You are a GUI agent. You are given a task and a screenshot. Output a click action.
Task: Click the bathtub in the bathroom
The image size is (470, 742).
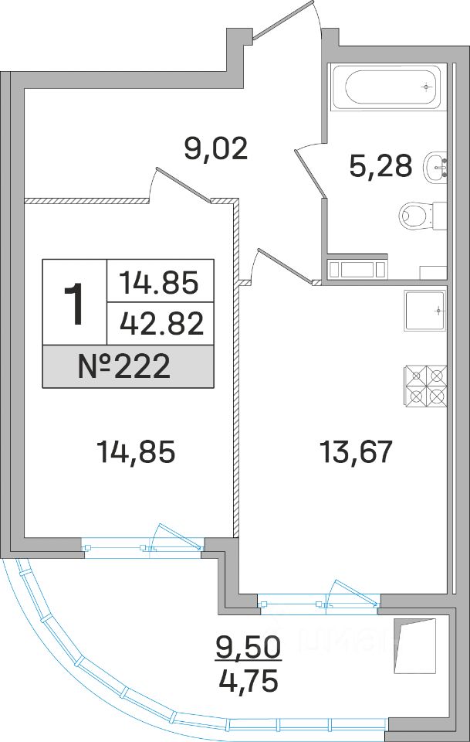[387, 87]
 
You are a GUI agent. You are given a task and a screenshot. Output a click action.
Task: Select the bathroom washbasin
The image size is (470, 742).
[436, 167]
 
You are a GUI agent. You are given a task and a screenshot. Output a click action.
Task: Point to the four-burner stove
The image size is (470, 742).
[425, 385]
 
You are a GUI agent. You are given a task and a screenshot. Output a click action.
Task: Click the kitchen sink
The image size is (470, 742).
[425, 311]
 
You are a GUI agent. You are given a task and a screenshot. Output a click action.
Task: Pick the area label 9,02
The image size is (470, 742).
[216, 149]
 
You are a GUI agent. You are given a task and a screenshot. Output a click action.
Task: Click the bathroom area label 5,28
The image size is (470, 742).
[380, 165]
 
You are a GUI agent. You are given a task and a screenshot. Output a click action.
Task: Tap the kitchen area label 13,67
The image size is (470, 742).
[356, 451]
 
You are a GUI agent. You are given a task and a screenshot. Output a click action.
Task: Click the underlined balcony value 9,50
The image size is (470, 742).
[249, 646]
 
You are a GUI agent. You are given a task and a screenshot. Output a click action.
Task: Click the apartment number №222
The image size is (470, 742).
[123, 366]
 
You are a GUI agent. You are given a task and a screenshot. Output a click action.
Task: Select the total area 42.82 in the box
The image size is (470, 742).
[161, 324]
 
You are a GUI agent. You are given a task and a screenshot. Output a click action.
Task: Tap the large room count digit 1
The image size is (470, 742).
[74, 302]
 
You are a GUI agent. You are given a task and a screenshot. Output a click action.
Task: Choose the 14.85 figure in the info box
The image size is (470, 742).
[159, 283]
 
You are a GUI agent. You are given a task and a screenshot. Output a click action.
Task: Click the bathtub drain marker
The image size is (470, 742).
[427, 87]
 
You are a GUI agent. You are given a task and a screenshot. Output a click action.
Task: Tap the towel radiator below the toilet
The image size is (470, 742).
[357, 269]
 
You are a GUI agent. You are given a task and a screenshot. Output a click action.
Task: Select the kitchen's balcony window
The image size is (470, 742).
[319, 601]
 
